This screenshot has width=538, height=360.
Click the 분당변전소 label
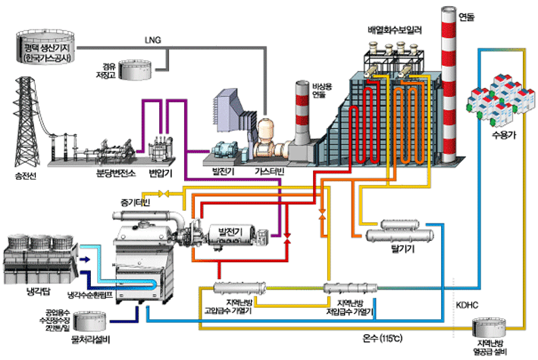tap(114, 174)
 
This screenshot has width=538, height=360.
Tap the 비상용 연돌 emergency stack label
tap(323, 92)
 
